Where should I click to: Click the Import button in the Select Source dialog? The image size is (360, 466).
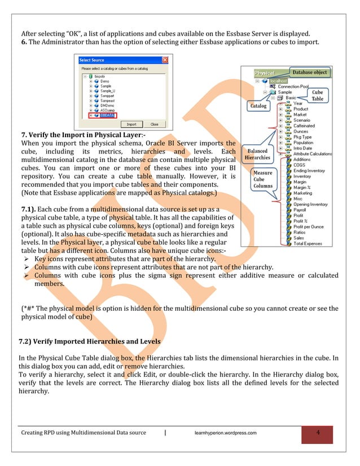[131, 124]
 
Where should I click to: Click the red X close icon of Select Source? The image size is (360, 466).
[165, 60]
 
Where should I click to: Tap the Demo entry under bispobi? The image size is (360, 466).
[105, 81]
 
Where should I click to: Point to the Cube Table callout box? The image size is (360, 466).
[318, 95]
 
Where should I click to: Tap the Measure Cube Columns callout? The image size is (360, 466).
[262, 179]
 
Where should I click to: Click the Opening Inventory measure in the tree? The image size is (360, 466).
[311, 204]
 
